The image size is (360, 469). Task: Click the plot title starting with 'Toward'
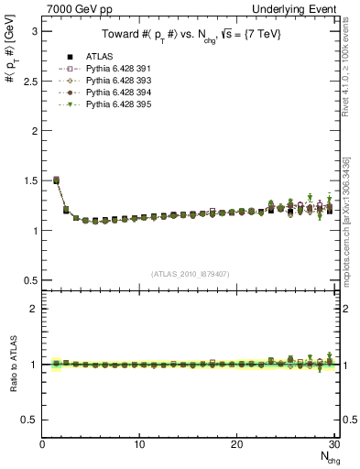[x=191, y=35]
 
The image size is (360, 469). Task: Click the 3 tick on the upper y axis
[x=34, y=31]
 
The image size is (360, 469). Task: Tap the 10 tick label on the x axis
[x=139, y=443]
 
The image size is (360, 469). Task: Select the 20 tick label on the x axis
[x=237, y=443]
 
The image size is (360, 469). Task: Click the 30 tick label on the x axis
[x=333, y=443]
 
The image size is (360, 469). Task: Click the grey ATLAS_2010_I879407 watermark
[x=191, y=273]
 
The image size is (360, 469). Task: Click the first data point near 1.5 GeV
[x=56, y=180]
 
